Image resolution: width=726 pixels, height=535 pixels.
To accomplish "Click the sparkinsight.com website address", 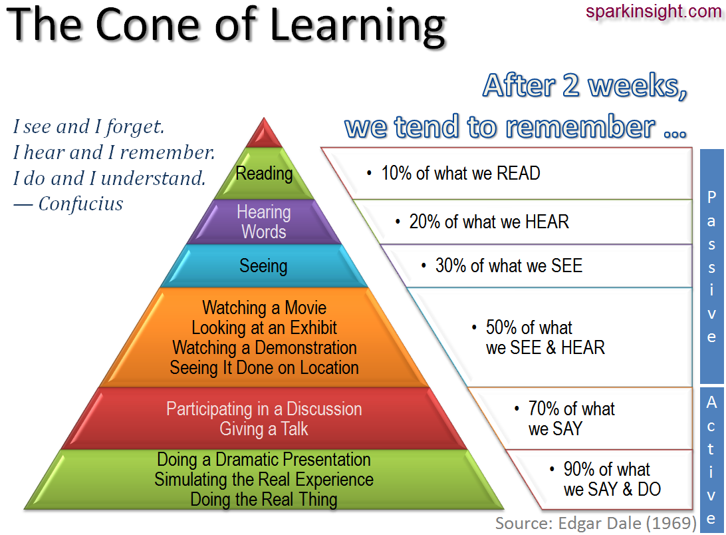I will pos(654,11).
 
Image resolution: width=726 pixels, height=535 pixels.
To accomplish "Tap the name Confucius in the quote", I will pos(80,204).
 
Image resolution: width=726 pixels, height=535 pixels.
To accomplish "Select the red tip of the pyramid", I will pos(264,133).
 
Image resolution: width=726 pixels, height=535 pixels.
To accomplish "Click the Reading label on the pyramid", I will pos(264,174).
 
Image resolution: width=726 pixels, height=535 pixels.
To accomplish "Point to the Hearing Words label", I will pos(264,222).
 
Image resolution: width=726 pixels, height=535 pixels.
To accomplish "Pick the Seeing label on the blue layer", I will pos(263,266).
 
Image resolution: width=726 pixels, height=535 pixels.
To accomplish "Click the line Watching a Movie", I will pos(265,308).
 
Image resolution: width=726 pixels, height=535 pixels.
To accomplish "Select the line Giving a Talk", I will pos(264,429).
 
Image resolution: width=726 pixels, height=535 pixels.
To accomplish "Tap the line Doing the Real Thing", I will pos(264,499).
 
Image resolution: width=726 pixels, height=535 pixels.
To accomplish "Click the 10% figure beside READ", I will pos(396,174).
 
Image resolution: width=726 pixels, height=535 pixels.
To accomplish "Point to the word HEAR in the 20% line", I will pos(547,222).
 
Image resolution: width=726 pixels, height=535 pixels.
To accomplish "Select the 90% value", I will pos(579,470).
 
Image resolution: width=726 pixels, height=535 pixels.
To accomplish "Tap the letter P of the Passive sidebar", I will pos(711,197).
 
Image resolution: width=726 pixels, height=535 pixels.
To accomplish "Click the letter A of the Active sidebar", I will pos(711,403).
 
